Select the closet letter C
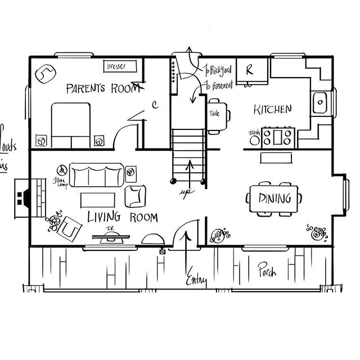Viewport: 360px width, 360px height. point(155,105)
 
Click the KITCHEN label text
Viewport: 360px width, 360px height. point(272,109)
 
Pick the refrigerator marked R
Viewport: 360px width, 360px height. point(250,71)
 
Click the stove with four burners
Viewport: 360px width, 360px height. point(277,137)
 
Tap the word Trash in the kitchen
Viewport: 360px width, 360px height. point(253,133)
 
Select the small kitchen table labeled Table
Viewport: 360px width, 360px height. point(217,115)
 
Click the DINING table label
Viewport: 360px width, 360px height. point(274,198)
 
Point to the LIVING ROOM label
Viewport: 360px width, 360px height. point(122,217)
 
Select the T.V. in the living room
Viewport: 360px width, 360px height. point(110,237)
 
